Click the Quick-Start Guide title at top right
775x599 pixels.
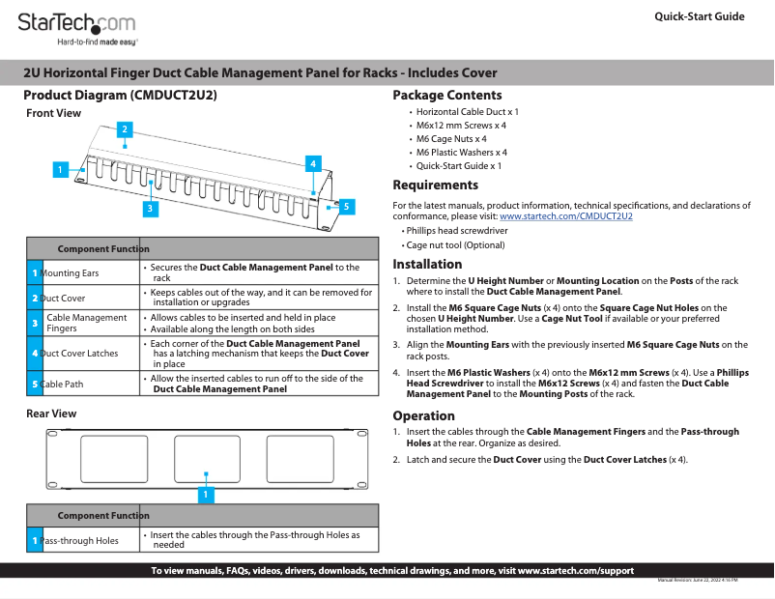(699, 16)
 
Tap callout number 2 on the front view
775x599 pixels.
(124, 128)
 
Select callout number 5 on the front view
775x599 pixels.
(346, 206)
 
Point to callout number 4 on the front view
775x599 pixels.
(313, 164)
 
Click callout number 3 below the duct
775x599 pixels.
(151, 208)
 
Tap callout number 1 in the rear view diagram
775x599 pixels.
(205, 494)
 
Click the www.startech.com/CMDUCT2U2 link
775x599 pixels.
(565, 216)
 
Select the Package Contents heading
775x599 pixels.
(446, 95)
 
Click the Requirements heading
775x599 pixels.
(435, 185)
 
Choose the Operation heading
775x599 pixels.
(423, 415)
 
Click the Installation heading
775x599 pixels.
(427, 264)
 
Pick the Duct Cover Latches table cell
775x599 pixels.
(79, 354)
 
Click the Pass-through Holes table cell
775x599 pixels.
(79, 540)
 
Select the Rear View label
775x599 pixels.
(51, 414)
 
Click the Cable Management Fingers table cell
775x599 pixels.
(86, 323)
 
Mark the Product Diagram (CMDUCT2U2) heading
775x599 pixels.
(120, 96)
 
